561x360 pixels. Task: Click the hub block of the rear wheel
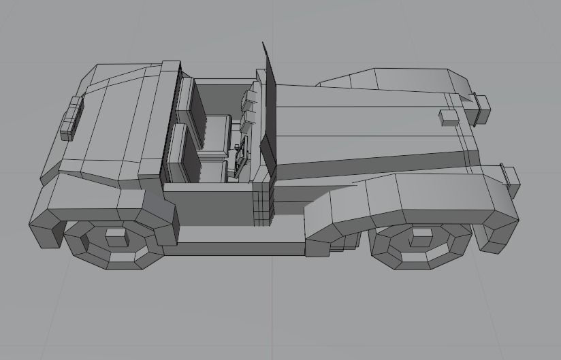coord(116,237)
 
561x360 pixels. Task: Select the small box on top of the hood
coord(449,116)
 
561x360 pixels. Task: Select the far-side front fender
coord(395,78)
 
